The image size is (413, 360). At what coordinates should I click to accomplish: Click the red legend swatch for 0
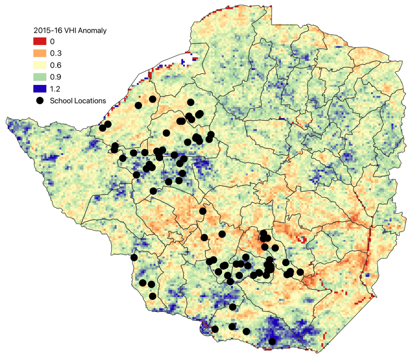(x=40, y=41)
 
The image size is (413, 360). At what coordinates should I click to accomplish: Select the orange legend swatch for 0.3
(x=40, y=53)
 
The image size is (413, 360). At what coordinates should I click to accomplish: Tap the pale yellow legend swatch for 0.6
(x=40, y=65)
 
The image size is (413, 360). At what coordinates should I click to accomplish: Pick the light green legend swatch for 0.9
(x=40, y=77)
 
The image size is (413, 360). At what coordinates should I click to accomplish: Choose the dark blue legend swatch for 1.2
(x=40, y=89)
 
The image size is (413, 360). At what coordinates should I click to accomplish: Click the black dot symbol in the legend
(x=40, y=101)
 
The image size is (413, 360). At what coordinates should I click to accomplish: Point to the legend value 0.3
(x=56, y=53)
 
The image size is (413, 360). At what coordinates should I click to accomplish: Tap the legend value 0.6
(x=56, y=65)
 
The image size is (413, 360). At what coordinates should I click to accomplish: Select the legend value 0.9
(x=56, y=77)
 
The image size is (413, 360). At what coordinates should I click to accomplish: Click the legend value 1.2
(x=55, y=89)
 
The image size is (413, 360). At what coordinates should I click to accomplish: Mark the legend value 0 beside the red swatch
(x=52, y=41)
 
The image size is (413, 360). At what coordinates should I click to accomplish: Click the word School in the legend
(x=60, y=101)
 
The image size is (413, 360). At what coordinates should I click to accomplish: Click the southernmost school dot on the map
(x=272, y=341)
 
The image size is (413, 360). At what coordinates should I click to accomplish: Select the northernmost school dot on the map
(x=152, y=99)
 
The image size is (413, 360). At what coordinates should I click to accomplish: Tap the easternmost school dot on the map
(x=300, y=272)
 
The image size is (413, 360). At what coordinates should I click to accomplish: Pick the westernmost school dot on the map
(x=103, y=128)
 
